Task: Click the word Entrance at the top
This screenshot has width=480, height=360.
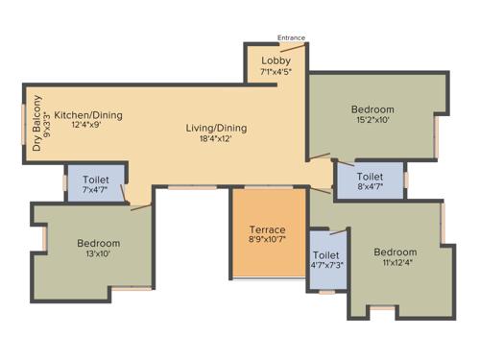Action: pyautogui.click(x=291, y=38)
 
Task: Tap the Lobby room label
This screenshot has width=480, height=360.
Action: pyautogui.click(x=275, y=60)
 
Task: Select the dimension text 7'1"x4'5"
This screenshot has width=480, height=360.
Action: pyautogui.click(x=275, y=72)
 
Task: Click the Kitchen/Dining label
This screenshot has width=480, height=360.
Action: pyautogui.click(x=87, y=114)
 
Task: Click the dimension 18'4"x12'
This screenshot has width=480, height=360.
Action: pyautogui.click(x=216, y=139)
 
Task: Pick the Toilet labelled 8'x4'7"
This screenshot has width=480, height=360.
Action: pyautogui.click(x=370, y=178)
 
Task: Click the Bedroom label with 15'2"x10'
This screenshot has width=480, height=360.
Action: pyautogui.click(x=372, y=109)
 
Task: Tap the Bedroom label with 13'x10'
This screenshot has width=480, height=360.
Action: pyautogui.click(x=99, y=243)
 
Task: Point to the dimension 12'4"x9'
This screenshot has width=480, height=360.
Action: pyautogui.click(x=87, y=126)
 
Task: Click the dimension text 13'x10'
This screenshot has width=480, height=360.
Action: pyautogui.click(x=99, y=254)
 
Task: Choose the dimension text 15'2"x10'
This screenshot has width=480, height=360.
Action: pyautogui.click(x=372, y=121)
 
